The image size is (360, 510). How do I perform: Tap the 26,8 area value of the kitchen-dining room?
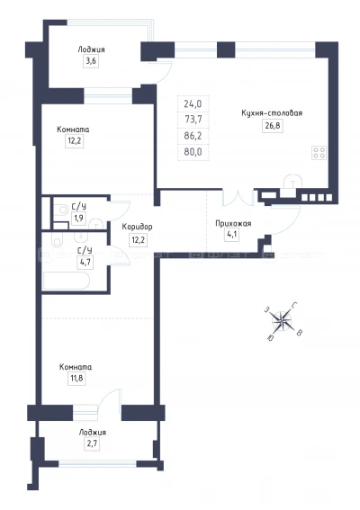click(x=270, y=126)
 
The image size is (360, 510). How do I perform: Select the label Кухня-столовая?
click(x=271, y=113)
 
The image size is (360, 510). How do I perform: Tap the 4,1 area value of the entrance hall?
click(x=231, y=235)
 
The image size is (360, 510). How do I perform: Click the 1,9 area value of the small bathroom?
click(x=77, y=219)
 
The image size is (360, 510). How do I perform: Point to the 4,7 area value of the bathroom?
click(x=84, y=264)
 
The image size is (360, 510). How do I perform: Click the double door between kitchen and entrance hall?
click(x=238, y=199)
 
